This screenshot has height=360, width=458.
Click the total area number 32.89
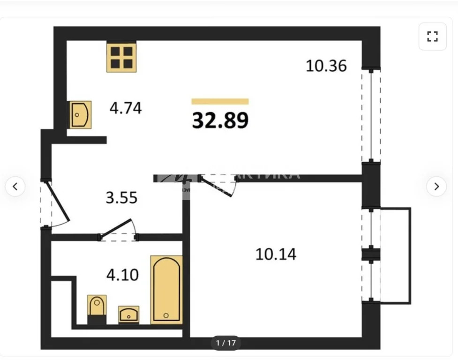220,120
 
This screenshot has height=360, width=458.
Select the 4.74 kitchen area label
126,108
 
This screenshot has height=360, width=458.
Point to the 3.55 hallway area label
121,197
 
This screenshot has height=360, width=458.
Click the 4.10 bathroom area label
122,274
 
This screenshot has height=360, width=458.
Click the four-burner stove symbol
121,57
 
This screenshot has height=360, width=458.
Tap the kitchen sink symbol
80,114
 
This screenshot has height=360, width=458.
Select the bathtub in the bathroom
166,289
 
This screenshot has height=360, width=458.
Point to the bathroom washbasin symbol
128,314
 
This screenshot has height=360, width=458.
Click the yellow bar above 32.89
220,101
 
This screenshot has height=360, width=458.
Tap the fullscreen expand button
432,37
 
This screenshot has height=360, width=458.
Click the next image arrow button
436,187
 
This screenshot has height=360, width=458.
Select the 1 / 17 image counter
225,343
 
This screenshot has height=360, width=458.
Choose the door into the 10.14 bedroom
218,185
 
